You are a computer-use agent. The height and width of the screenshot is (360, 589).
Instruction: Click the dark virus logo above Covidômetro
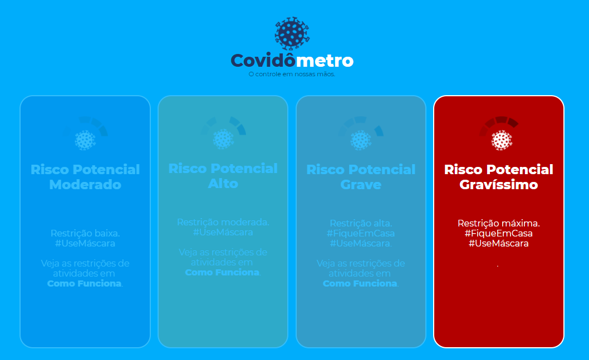[x=292, y=33]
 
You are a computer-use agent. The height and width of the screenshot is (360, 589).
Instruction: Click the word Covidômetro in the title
[x=292, y=61]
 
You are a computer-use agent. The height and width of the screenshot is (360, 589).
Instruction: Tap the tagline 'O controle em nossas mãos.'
[x=292, y=75]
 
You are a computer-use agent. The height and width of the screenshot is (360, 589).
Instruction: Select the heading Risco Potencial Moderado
[x=85, y=177]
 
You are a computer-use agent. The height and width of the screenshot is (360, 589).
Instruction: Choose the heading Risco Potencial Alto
[x=223, y=176]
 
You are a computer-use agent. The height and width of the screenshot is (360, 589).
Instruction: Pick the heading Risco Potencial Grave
[x=361, y=177]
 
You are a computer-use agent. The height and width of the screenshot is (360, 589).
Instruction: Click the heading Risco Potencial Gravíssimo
[x=499, y=177]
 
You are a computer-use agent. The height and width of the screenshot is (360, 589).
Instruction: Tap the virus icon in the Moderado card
[x=85, y=140]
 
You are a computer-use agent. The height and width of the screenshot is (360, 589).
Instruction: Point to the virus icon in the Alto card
[x=223, y=140]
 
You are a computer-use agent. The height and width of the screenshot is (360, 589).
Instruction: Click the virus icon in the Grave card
[x=361, y=140]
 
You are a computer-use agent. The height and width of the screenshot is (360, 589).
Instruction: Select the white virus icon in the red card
[x=502, y=140]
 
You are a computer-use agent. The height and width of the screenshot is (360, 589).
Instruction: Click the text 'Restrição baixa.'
[x=85, y=233]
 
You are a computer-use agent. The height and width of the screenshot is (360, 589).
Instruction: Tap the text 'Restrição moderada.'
[x=223, y=222]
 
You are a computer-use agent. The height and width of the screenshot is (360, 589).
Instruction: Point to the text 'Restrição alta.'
[x=361, y=223]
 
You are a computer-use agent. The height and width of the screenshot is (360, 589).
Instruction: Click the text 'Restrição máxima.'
[x=499, y=223]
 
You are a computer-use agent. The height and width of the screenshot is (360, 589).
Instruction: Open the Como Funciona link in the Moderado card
[x=85, y=283]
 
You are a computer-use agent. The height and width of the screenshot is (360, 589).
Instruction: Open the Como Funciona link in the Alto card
[x=222, y=273]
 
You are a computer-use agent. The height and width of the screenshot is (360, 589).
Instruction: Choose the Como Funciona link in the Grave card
[x=360, y=283]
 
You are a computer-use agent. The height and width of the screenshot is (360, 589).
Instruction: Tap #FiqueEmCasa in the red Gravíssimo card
[x=499, y=234]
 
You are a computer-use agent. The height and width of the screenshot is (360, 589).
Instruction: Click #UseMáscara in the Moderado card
[x=85, y=243]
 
